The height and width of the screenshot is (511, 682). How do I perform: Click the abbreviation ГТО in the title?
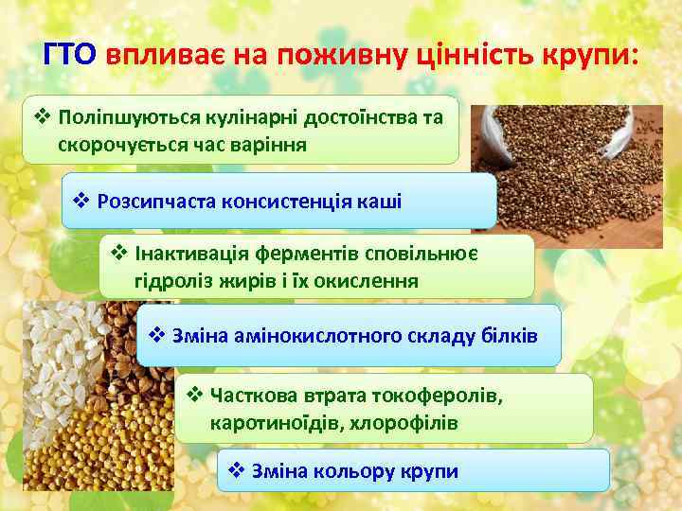click(70, 54)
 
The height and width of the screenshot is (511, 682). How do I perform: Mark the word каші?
click(379, 201)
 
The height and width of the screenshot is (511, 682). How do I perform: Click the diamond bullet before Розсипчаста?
click(81, 201)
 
